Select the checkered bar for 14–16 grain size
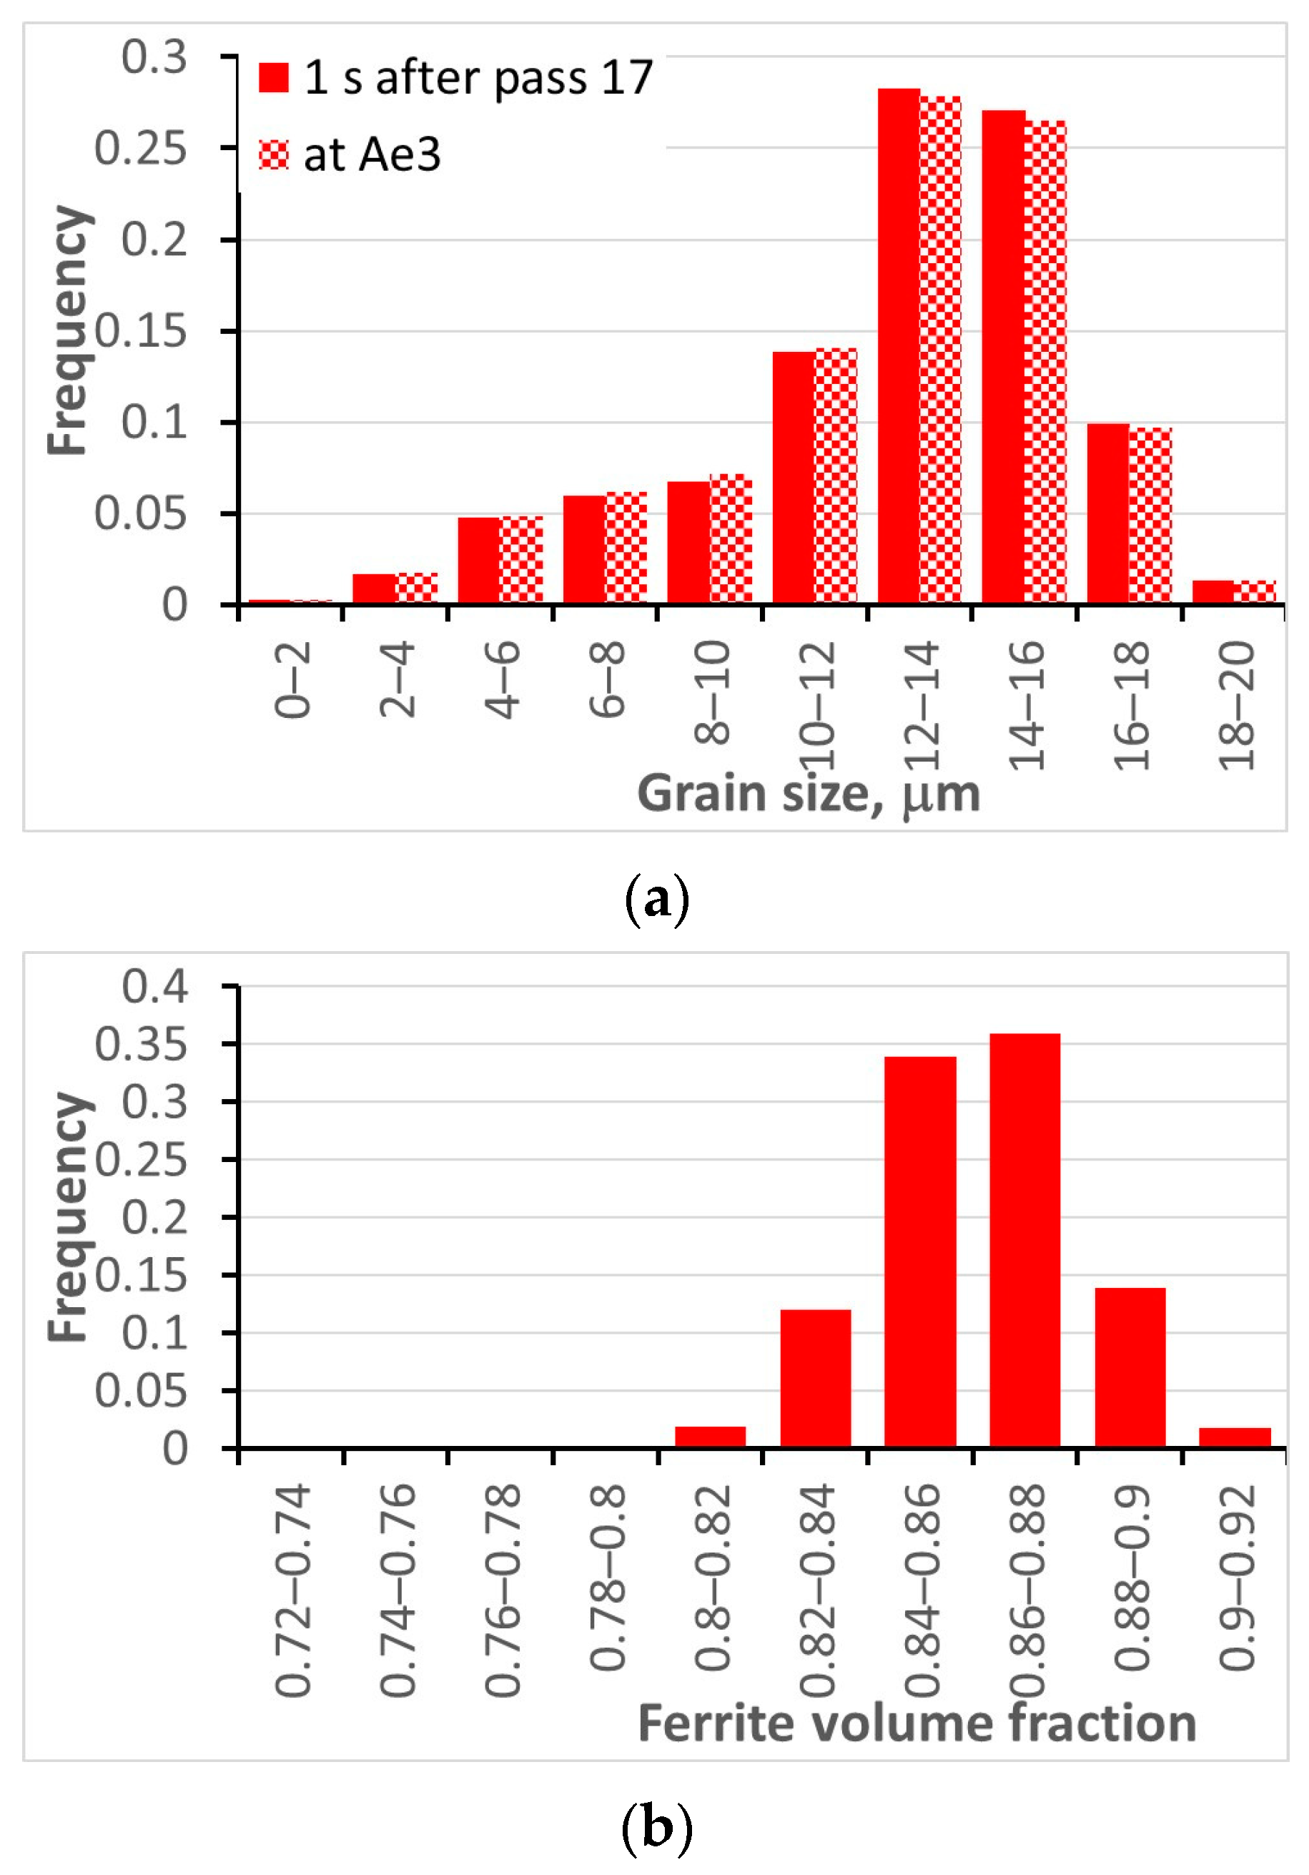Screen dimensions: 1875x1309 point(1044,363)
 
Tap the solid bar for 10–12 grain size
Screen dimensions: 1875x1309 point(793,478)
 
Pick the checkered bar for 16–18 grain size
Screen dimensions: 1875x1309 point(1150,516)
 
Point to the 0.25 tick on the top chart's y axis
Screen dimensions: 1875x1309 point(140,149)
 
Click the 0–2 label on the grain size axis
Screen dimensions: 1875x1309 point(292,679)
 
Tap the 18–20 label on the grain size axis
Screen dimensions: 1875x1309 point(1236,706)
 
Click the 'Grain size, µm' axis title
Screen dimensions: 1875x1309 point(809,794)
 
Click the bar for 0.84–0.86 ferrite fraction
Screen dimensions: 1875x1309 point(919,1253)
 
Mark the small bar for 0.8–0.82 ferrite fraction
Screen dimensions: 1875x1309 point(710,1437)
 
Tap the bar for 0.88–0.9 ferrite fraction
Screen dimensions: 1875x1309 point(1130,1368)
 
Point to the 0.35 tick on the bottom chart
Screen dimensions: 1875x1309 point(140,1045)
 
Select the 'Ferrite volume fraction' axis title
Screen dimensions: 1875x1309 point(917,1724)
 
